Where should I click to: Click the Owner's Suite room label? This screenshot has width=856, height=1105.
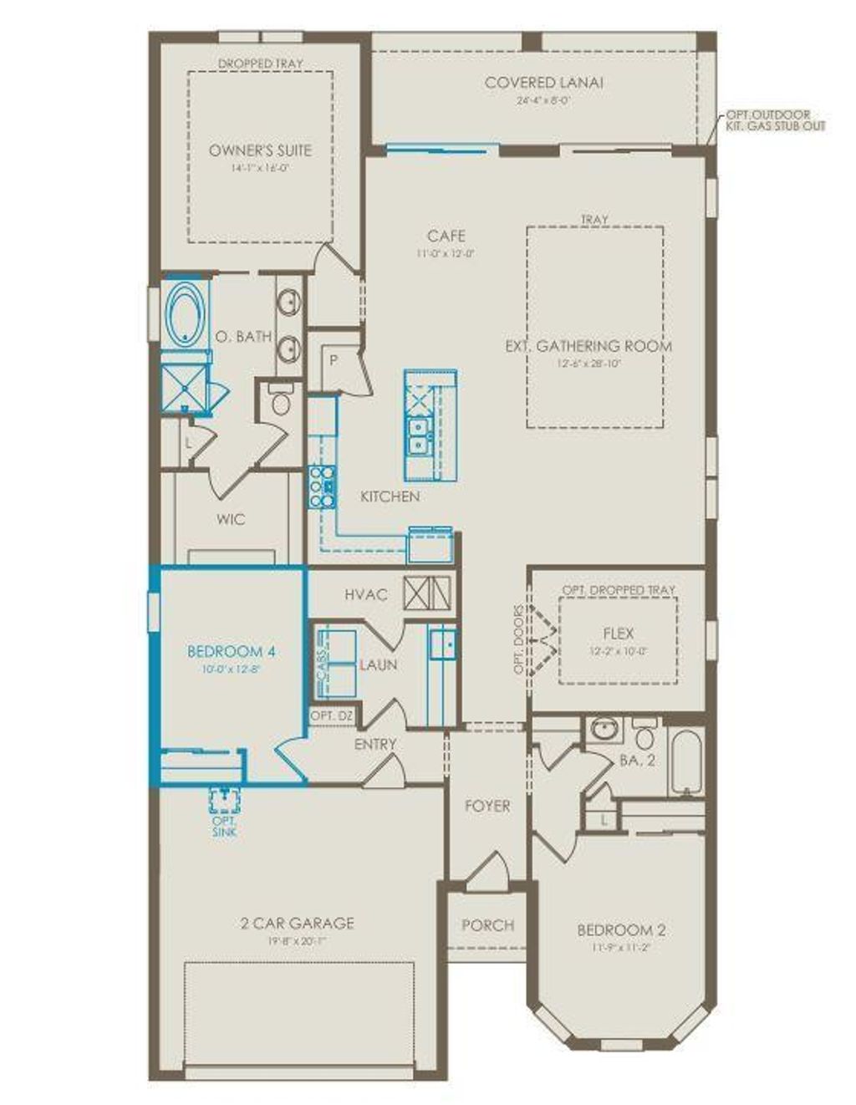[260, 150]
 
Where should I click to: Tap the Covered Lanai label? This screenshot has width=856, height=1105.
[543, 83]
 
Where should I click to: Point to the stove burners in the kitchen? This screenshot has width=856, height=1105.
[322, 486]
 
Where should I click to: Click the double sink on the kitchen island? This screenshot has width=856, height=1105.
[417, 435]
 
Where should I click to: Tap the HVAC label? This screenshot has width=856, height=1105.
[366, 595]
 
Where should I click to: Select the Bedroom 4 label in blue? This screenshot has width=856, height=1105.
[220, 652]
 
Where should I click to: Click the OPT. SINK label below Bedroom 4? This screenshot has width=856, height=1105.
[224, 827]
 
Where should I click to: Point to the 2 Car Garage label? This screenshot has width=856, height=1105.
[297, 924]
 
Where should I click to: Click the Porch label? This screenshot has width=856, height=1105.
[487, 925]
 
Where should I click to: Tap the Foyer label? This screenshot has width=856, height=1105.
[487, 807]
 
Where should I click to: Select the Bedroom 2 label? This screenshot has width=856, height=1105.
[621, 930]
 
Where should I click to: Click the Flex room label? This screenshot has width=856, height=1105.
[618, 634]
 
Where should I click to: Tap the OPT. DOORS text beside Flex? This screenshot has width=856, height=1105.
[519, 639]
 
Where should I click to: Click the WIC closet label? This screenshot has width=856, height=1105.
[231, 519]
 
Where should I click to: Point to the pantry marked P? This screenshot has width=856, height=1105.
[333, 361]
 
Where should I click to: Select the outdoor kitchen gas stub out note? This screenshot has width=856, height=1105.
[775, 120]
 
